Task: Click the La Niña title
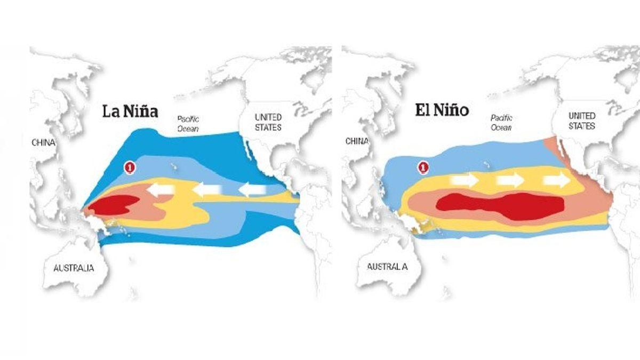click(131, 112)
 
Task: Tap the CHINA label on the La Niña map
click(44, 142)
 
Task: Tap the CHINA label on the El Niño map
click(357, 141)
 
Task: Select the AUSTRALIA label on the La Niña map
click(74, 268)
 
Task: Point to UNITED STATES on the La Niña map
click(268, 122)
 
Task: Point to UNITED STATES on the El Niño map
click(581, 121)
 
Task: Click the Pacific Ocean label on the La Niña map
click(188, 124)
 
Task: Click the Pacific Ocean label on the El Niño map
click(501, 123)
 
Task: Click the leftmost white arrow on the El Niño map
click(464, 180)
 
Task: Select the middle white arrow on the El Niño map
click(510, 180)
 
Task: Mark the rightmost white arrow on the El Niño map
click(556, 180)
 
